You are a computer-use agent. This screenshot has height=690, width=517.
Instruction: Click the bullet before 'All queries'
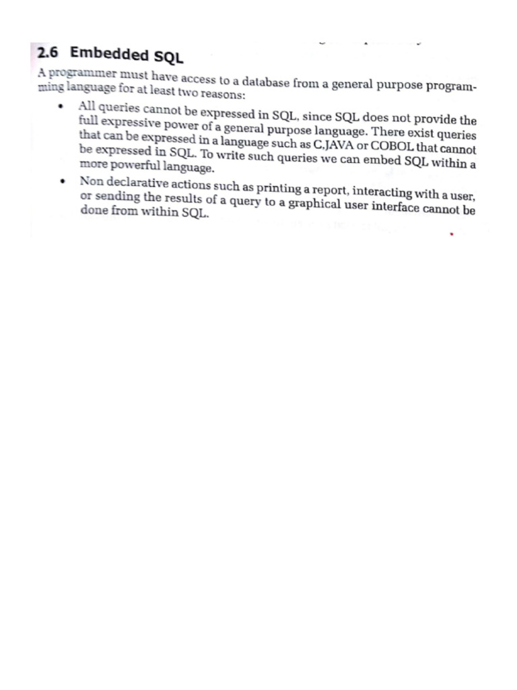tap(61, 106)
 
